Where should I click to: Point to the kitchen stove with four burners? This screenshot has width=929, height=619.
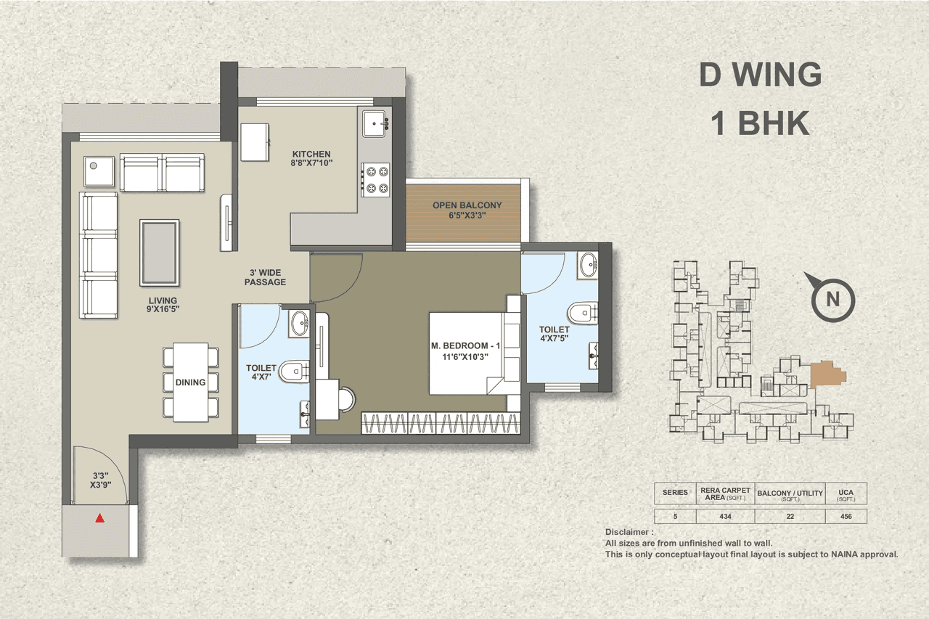pyautogui.click(x=376, y=180)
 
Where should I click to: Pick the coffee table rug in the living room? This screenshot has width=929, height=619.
pyautogui.click(x=159, y=253)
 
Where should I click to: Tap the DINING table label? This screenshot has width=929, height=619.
pyautogui.click(x=190, y=382)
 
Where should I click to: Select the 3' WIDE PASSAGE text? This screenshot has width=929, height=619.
pyautogui.click(x=265, y=277)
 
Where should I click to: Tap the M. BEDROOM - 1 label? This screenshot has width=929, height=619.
pyautogui.click(x=465, y=349)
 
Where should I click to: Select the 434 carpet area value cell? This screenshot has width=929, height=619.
pyautogui.click(x=725, y=517)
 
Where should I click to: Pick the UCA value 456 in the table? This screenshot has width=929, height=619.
pyautogui.click(x=846, y=517)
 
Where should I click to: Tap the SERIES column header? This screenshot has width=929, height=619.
pyautogui.click(x=675, y=493)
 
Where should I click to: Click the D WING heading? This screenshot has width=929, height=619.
pyautogui.click(x=760, y=75)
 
